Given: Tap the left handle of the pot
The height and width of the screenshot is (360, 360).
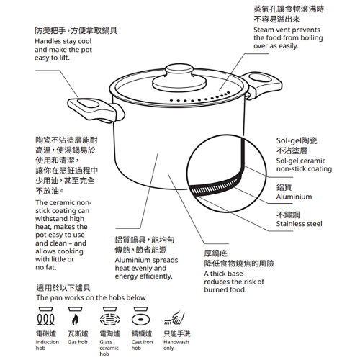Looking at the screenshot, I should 93,109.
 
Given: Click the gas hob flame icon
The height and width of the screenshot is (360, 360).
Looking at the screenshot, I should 76,318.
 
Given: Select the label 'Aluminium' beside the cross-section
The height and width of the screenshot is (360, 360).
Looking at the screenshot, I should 294,197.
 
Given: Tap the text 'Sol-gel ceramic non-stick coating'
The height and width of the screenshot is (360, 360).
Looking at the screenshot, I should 303,164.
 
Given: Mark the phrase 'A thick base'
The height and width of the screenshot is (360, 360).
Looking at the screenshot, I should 229,274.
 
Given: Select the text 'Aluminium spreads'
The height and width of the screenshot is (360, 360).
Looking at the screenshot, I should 146,258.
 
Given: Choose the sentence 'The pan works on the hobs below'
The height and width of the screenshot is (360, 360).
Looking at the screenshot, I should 91,297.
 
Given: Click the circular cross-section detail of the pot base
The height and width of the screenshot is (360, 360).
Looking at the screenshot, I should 224,172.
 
